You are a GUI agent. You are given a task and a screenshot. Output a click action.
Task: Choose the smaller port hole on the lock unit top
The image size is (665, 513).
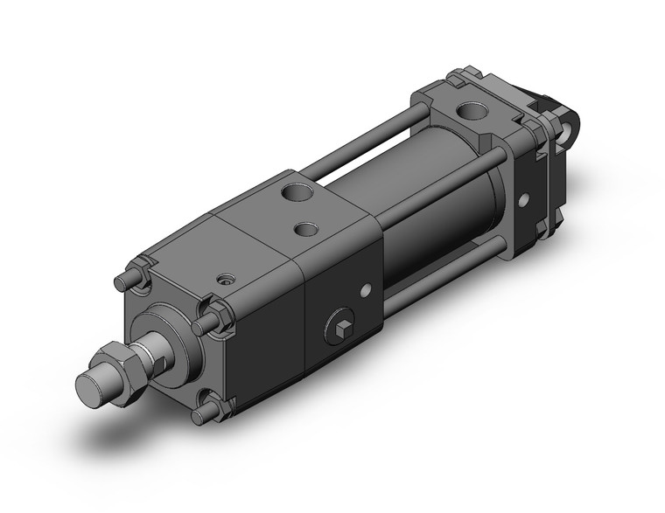click(x=308, y=230)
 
